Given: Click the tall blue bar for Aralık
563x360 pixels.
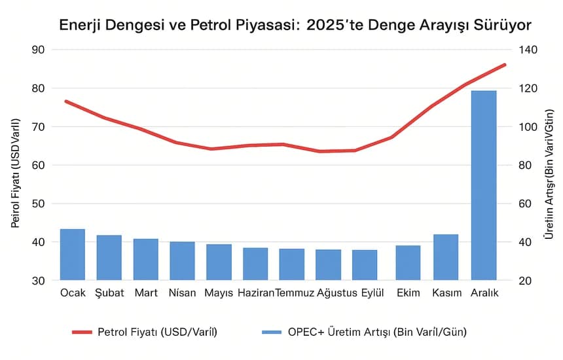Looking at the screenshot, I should tap(484, 185).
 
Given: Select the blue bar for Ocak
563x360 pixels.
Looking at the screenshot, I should tap(73, 255).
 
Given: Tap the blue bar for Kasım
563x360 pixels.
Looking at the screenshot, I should tap(445, 257).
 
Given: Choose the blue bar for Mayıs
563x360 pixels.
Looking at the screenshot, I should tap(219, 262).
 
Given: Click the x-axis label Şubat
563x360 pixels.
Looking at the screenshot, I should tap(109, 293).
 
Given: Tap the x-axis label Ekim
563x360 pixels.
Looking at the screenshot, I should tap(408, 293).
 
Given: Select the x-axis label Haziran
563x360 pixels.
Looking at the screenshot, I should tap(255, 293).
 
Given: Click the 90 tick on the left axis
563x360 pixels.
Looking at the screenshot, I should tap(37, 50).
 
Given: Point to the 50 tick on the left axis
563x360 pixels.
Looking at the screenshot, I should tap(37, 204).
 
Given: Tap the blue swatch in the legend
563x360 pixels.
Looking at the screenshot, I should tap(271, 332).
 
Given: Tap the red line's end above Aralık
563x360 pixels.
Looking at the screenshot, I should tap(505, 65).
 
